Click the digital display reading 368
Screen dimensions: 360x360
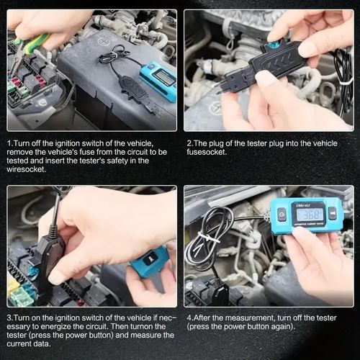pos(310,215)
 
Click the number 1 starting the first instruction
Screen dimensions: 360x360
pos(9,144)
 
